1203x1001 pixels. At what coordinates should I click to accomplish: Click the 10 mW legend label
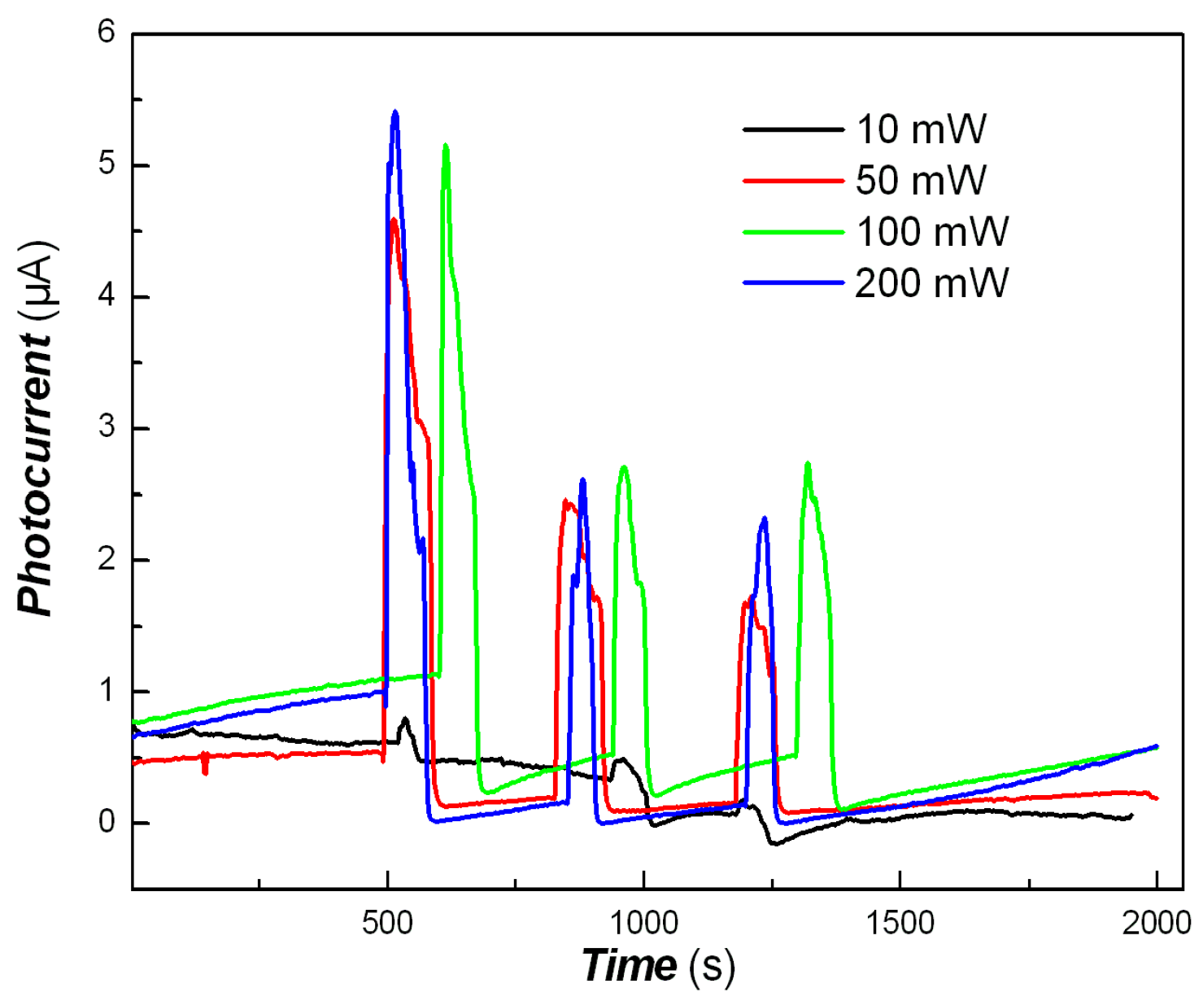point(921,129)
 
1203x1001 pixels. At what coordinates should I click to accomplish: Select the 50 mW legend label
point(921,181)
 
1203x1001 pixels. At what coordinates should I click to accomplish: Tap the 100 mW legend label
point(932,232)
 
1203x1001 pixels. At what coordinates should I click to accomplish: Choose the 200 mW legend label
point(932,283)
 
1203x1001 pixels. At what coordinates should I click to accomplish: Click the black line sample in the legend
point(793,129)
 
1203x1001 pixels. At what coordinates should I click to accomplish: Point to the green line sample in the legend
point(793,232)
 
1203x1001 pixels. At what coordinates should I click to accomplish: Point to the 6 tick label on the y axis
point(107,33)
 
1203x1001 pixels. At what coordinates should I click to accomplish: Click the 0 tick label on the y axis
point(107,823)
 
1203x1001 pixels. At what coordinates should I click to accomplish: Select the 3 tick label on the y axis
point(107,428)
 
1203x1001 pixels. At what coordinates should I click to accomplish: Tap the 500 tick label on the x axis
point(388,923)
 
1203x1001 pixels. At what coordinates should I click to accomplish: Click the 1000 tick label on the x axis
point(644,923)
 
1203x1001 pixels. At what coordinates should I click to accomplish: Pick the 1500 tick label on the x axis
point(900,923)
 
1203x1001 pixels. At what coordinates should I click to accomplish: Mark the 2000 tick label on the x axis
point(1156,923)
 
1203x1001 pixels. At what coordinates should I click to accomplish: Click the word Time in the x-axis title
point(629,966)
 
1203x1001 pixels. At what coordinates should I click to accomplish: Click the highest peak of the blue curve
point(395,112)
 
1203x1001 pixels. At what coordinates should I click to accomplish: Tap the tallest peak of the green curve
point(445,146)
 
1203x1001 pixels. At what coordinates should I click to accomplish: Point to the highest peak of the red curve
point(394,219)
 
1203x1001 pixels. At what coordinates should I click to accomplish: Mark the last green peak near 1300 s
point(807,464)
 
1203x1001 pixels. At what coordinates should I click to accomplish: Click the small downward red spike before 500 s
point(205,771)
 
